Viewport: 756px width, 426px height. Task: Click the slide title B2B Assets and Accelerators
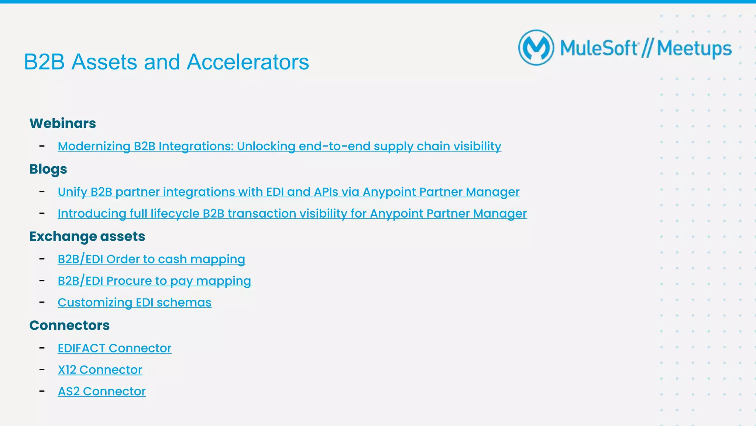click(x=166, y=62)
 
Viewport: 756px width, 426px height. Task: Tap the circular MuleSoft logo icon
click(x=536, y=48)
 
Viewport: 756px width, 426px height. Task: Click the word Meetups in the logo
click(x=694, y=49)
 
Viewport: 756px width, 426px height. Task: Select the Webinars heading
click(x=63, y=123)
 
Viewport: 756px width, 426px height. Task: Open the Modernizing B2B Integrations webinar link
click(x=279, y=146)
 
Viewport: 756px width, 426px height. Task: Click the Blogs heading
click(x=48, y=169)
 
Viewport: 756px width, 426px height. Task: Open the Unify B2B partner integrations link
click(x=288, y=192)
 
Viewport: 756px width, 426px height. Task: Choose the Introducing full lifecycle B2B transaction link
click(x=292, y=214)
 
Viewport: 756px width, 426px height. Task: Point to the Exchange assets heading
click(x=87, y=236)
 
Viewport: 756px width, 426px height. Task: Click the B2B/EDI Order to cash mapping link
click(x=151, y=259)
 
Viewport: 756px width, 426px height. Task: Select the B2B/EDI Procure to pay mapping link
click(x=154, y=281)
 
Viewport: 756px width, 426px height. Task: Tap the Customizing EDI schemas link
click(x=134, y=303)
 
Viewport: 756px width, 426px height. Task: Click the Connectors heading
click(x=69, y=326)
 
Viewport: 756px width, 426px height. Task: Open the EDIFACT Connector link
click(x=114, y=348)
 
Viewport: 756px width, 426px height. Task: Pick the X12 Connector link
click(x=100, y=370)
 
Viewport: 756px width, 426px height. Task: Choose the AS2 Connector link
click(x=102, y=392)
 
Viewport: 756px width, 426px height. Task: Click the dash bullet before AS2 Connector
click(x=42, y=391)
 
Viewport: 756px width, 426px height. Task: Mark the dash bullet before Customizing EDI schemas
click(x=42, y=302)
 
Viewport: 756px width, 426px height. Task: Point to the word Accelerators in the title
click(x=248, y=62)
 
